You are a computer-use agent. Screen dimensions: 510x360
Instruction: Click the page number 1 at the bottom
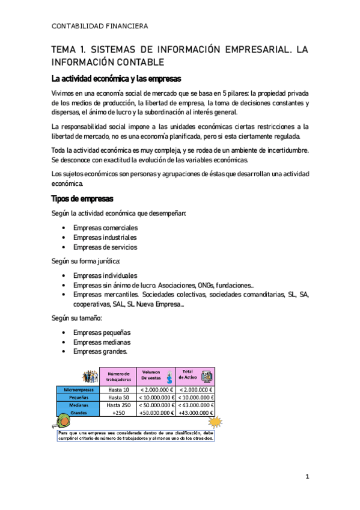(307, 477)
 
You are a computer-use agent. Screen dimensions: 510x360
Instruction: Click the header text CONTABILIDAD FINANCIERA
(99, 26)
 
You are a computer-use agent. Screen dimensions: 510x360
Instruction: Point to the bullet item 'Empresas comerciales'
(105, 228)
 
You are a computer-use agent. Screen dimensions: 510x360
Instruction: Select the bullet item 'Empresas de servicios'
(105, 247)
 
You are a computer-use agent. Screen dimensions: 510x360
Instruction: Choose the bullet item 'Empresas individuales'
(105, 275)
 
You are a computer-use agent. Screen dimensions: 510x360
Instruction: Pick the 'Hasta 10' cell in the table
(118, 390)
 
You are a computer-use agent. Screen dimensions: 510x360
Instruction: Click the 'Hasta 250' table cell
(118, 405)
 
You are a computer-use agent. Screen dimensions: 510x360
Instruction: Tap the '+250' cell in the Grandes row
(118, 413)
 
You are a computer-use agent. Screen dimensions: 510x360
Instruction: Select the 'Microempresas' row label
(78, 390)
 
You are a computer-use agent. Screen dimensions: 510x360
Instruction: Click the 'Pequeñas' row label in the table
(78, 398)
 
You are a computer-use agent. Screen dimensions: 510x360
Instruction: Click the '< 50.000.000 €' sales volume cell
(156, 405)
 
